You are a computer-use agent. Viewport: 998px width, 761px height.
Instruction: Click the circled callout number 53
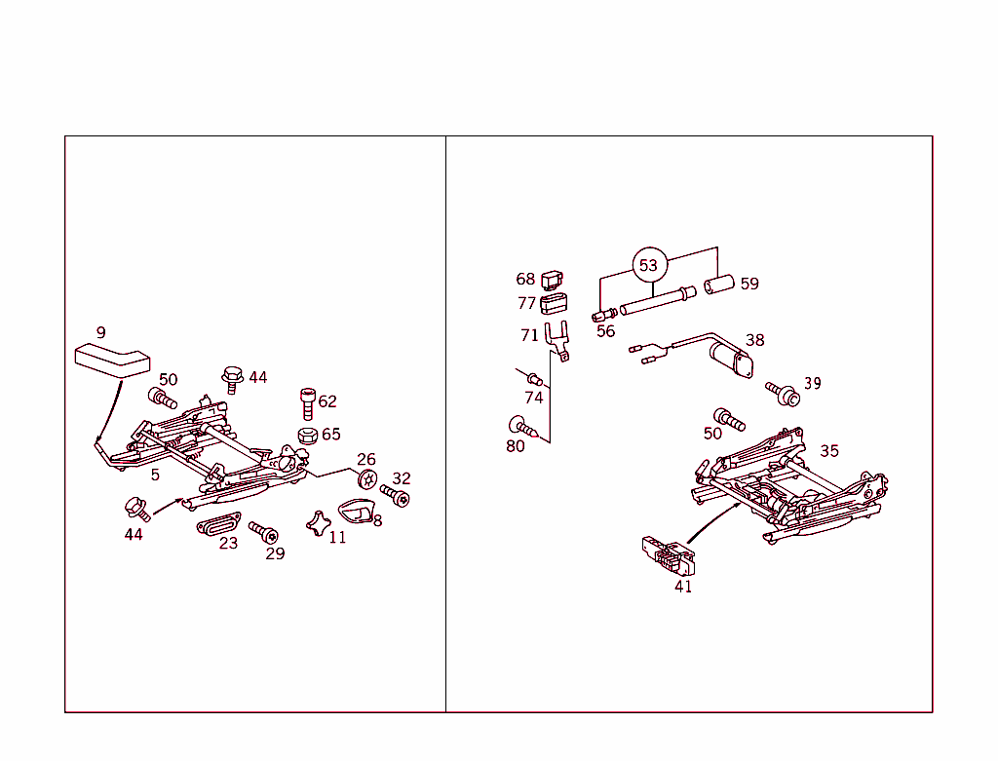pyautogui.click(x=648, y=265)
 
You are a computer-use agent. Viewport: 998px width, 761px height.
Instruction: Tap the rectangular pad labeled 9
pyautogui.click(x=112, y=358)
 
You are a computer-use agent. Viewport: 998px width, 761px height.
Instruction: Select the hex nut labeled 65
pyautogui.click(x=306, y=434)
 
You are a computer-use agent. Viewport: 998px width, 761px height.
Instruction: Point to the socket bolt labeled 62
pyautogui.click(x=307, y=401)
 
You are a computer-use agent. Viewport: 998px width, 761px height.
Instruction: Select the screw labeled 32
pyautogui.click(x=395, y=496)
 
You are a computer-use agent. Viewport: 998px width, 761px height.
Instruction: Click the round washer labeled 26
pyautogui.click(x=367, y=477)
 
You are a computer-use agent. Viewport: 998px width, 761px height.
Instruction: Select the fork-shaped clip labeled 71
pyautogui.click(x=557, y=342)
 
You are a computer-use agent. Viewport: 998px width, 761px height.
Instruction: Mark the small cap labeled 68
pyautogui.click(x=553, y=279)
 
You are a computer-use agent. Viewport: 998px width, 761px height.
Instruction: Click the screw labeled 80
pyautogui.click(x=521, y=426)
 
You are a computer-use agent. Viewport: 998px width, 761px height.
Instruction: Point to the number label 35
pyautogui.click(x=829, y=451)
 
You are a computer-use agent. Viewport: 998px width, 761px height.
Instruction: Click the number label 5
pyautogui.click(x=155, y=475)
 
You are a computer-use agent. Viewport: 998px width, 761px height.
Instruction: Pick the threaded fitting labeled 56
pyautogui.click(x=603, y=314)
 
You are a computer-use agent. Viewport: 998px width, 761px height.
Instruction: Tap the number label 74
pyautogui.click(x=533, y=398)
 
